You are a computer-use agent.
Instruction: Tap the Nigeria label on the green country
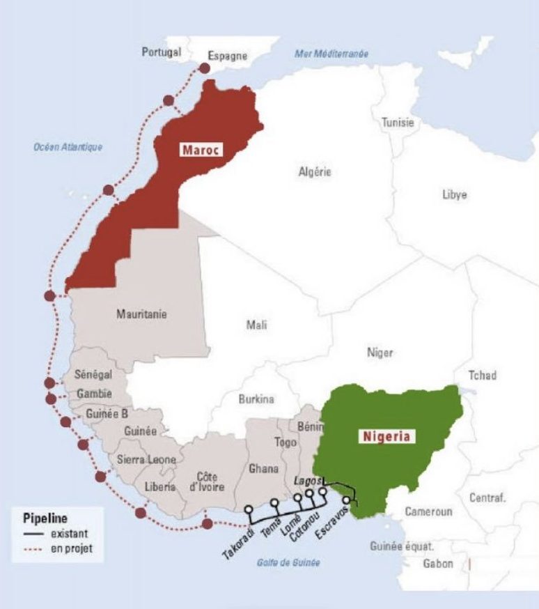[x=386, y=437]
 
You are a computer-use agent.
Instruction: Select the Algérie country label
[x=315, y=172]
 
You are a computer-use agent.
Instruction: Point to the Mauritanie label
[x=141, y=315]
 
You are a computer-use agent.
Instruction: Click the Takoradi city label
[x=234, y=544]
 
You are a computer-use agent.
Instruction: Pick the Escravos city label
[x=328, y=526]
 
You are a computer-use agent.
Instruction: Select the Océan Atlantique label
[x=68, y=147]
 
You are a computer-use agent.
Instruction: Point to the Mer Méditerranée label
[x=331, y=54]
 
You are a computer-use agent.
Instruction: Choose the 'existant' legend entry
[x=67, y=534]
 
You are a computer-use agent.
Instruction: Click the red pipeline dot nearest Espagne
[x=204, y=68]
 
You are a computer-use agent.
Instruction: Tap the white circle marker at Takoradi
[x=247, y=509]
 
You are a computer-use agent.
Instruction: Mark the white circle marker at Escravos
[x=347, y=500]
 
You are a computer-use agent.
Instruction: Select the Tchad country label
[x=483, y=376]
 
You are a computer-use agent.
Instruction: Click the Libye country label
[x=454, y=194]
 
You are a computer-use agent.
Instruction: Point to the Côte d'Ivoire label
[x=205, y=481]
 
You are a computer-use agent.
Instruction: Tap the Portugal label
[x=162, y=52]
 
